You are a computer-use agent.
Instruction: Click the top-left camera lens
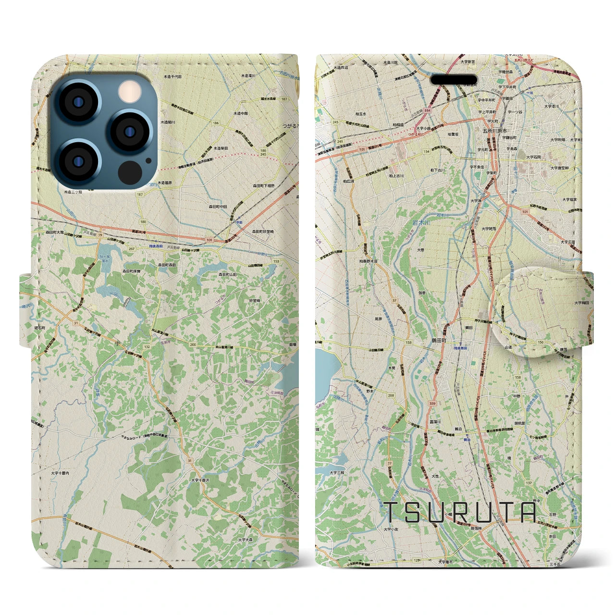(x=76, y=101)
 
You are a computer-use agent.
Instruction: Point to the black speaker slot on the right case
(x=454, y=79)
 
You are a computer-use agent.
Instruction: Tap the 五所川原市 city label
(x=495, y=131)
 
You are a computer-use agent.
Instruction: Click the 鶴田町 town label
(x=438, y=339)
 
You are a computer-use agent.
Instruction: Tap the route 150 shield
(x=541, y=342)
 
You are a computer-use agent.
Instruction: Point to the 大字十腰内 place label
(x=60, y=473)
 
